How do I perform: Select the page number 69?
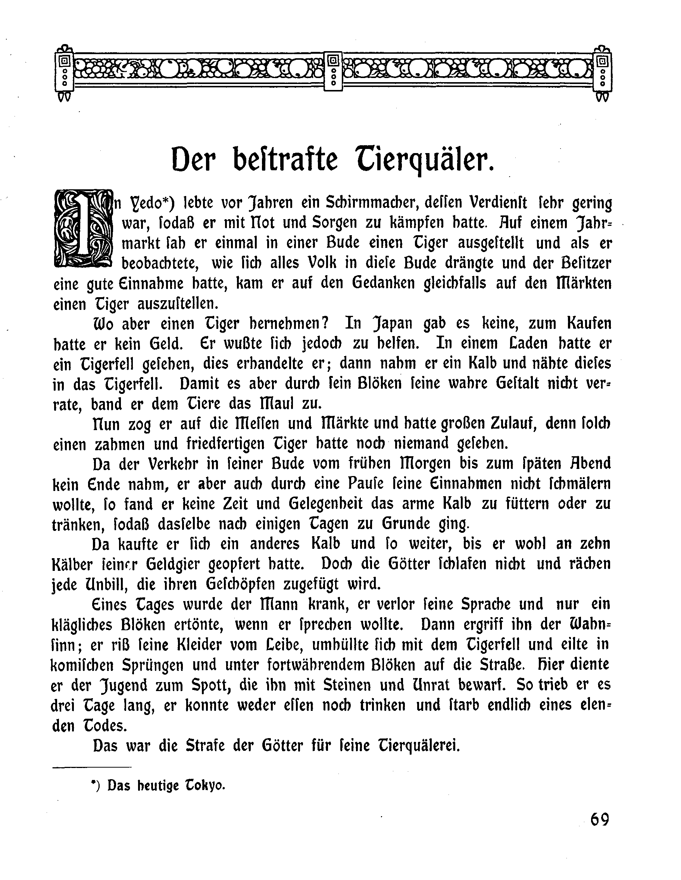click(x=600, y=820)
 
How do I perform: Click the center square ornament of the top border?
click(x=334, y=71)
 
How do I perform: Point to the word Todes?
click(x=105, y=726)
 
